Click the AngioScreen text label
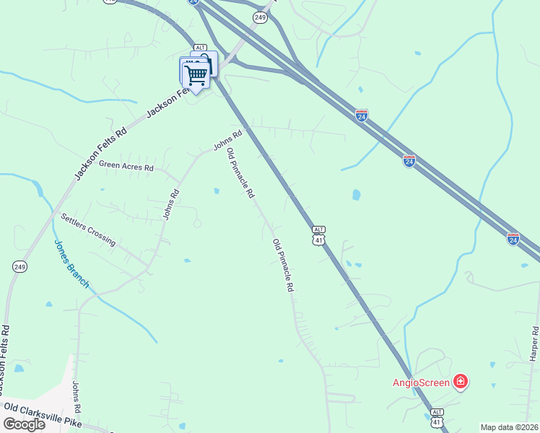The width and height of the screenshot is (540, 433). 422,382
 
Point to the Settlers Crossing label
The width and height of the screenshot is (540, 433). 88,229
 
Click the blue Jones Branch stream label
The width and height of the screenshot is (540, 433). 71,264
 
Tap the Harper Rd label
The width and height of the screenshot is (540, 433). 534,344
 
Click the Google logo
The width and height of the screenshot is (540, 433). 24,424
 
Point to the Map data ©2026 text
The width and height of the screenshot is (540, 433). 510,427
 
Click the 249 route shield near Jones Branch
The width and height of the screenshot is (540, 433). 19,267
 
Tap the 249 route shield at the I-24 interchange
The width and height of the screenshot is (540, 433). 259,16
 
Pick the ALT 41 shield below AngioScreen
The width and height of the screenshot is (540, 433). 437,418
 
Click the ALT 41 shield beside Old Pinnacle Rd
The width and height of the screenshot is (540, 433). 318,235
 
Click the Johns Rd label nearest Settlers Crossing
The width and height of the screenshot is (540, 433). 170,204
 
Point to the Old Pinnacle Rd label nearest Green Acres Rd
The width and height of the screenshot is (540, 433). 240,173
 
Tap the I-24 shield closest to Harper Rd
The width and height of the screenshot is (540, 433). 513,237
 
